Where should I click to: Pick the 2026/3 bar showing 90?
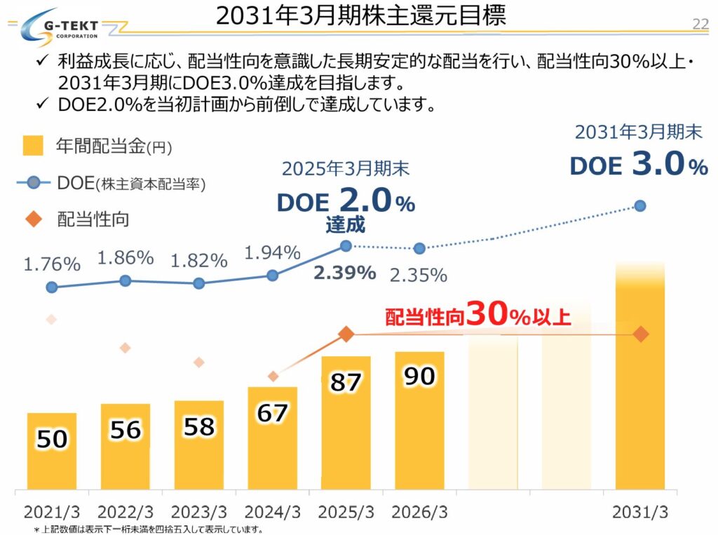(419, 421)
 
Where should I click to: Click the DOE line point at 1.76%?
(52, 287)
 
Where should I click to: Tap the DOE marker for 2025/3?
(346, 245)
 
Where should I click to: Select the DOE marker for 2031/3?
(639, 205)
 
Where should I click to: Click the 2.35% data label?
(418, 275)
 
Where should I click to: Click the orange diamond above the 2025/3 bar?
(346, 334)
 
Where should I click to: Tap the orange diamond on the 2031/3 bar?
(640, 334)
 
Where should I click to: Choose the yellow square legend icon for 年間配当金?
(32, 146)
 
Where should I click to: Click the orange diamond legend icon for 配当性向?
(32, 220)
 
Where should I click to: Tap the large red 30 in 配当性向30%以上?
(488, 315)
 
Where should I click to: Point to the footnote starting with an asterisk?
(148, 529)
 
